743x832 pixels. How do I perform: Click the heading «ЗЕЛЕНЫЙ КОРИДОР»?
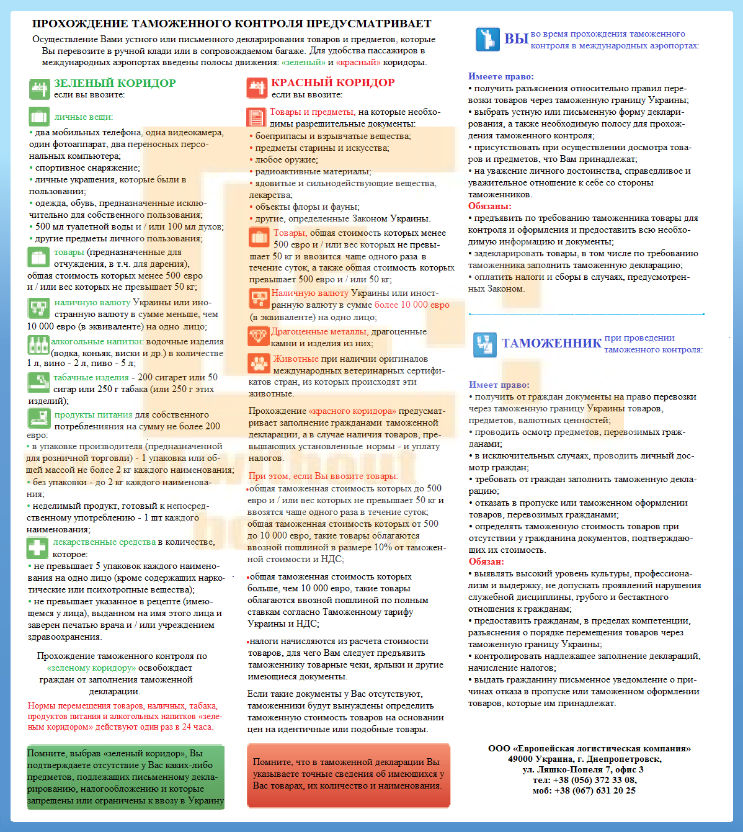pos(115,83)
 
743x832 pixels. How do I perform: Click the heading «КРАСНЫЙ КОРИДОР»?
pos(332,83)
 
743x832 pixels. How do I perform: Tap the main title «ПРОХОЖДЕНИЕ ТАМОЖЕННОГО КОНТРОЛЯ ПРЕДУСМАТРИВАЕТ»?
pos(231,24)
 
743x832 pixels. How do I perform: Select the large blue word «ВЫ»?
pos(515,39)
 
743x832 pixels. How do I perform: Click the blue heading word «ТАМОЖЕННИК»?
pos(551,343)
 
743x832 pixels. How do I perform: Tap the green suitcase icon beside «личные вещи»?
pos(39,117)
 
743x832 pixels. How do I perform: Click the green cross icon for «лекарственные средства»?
pos(38,548)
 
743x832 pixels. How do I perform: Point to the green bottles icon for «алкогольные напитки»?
pos(38,344)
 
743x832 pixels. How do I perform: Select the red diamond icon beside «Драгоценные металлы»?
pos(258,336)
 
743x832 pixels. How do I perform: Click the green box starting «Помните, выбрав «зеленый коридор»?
pos(125,777)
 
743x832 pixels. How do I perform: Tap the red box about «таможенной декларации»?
pos(348,774)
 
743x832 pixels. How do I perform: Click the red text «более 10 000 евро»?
pos(412,305)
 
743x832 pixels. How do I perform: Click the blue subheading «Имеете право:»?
pos(501,76)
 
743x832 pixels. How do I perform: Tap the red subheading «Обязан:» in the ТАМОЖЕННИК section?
pos(486,561)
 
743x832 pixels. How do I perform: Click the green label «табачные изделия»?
pos(91,377)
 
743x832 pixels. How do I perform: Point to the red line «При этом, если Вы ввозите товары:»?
pos(323,476)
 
